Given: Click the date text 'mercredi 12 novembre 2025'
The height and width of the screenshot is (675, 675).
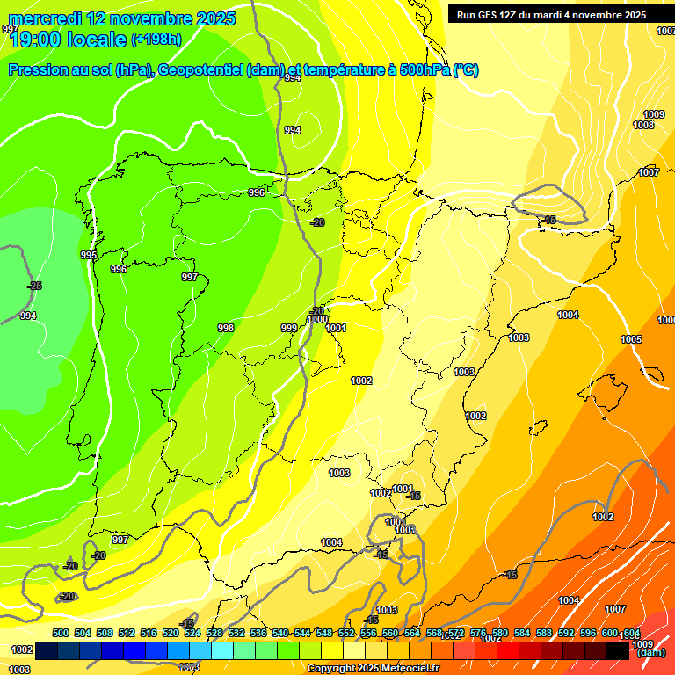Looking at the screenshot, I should point(122,18).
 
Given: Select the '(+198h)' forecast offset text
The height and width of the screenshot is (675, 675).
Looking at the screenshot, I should point(156,39).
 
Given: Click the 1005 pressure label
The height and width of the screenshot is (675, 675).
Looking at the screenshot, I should point(631,339).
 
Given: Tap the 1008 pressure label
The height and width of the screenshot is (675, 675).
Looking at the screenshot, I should point(643,126).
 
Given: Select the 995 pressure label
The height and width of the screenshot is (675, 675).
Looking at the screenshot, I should point(89,255).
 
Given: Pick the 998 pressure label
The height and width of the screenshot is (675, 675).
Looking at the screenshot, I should point(226,328).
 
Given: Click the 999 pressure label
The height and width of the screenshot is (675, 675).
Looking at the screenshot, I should point(288,328).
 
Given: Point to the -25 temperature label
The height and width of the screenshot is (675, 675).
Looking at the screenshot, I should point(34,286).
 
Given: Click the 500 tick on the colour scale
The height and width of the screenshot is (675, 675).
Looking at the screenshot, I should point(61,633).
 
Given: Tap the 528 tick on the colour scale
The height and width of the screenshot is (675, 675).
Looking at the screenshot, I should point(214,633).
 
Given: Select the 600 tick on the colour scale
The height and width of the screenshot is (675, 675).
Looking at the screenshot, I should point(610,633).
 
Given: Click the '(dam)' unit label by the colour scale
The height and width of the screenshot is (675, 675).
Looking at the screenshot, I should point(650,653).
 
